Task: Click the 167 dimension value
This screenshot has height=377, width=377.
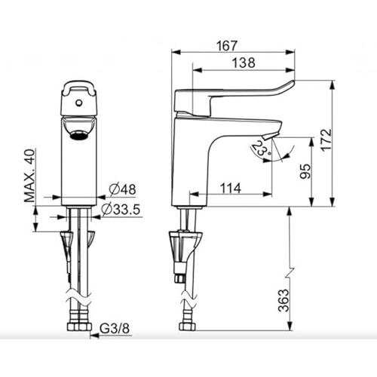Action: point(227,46)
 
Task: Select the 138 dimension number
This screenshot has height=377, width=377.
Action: point(244,63)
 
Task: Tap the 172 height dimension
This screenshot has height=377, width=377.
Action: point(326,140)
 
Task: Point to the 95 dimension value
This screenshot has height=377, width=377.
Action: point(305,171)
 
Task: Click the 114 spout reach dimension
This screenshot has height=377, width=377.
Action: point(231,188)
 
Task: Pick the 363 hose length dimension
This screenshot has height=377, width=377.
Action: point(284,300)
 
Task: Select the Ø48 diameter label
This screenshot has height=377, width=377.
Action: point(123,189)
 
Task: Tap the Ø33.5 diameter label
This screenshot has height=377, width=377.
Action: point(121,210)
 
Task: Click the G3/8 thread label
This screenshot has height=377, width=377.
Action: point(115,328)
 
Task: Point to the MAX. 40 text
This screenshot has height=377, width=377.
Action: point(29,176)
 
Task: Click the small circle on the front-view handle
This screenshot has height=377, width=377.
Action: point(79,103)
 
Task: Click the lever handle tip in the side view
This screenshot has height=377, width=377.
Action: point(292,83)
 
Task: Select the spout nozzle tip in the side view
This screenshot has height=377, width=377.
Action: point(269,137)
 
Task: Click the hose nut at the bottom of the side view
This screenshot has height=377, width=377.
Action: point(188,326)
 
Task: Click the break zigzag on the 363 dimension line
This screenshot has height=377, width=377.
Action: point(290,273)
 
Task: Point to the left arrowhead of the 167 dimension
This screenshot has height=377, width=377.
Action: point(176,52)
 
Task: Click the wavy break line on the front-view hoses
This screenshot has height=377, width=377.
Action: point(79,299)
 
